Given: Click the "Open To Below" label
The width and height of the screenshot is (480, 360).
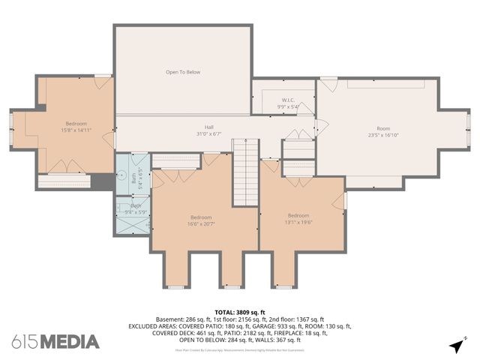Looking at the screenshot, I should [183, 72].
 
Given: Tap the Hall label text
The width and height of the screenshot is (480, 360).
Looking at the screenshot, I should [210, 130].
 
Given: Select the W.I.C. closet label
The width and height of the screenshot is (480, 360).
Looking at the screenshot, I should [289, 103].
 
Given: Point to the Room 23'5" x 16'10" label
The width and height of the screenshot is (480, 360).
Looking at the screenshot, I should [383, 132].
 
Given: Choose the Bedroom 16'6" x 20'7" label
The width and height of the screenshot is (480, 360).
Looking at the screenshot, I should [199, 220].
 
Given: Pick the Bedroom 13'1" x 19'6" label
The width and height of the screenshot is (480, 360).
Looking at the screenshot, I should [298, 218].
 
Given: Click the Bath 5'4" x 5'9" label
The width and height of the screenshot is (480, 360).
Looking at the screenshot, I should [136, 208].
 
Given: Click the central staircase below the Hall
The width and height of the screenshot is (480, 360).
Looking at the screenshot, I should [245, 172].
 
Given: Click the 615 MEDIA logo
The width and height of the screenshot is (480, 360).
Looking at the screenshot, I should [55, 342].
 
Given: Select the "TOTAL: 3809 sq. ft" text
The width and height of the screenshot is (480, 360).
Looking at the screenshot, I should [240, 312].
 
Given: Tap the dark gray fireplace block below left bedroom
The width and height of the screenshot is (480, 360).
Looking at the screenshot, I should [100, 181].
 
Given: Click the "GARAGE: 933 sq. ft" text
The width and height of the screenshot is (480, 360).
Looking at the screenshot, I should [287, 326].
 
